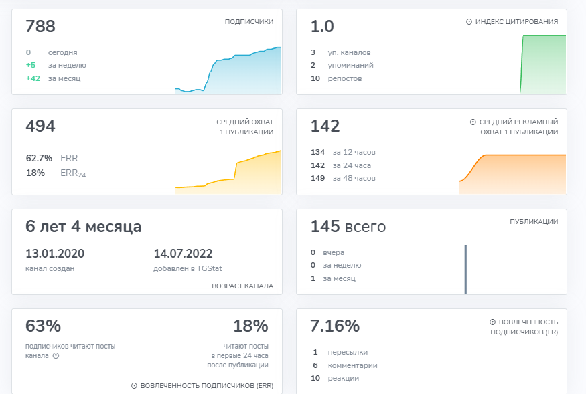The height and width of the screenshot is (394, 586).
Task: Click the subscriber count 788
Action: coord(40,27)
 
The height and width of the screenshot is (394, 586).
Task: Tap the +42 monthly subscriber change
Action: coord(33,78)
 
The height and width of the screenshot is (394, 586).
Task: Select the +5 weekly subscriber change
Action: coord(31,65)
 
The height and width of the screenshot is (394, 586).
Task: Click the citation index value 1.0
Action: coord(322,27)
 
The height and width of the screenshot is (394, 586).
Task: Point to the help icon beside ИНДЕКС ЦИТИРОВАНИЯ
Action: coord(469,22)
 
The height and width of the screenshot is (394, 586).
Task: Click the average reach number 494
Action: coord(40,126)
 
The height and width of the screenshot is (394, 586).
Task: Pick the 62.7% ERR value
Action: coord(39,158)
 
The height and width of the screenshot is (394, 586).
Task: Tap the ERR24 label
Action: coord(73,173)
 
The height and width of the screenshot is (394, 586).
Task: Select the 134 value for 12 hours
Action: coord(317,152)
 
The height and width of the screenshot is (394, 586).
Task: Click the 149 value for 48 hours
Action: coord(317,178)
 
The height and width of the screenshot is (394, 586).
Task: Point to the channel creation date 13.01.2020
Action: coord(55,254)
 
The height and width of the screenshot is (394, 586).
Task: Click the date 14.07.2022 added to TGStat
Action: coord(183,254)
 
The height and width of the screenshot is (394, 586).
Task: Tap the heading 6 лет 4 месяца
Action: coord(83,227)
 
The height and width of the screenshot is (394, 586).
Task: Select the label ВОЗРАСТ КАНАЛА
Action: coord(242,286)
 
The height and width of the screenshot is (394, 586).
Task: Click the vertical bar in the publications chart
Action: coord(465,270)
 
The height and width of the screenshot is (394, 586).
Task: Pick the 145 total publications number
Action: coord(325,226)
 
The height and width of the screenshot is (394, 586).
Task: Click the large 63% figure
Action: coord(43,326)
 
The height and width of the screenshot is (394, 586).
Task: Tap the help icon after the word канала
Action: coord(56,355)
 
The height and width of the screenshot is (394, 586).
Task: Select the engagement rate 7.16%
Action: coord(335,326)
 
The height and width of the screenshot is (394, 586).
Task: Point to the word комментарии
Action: coord(352,365)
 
